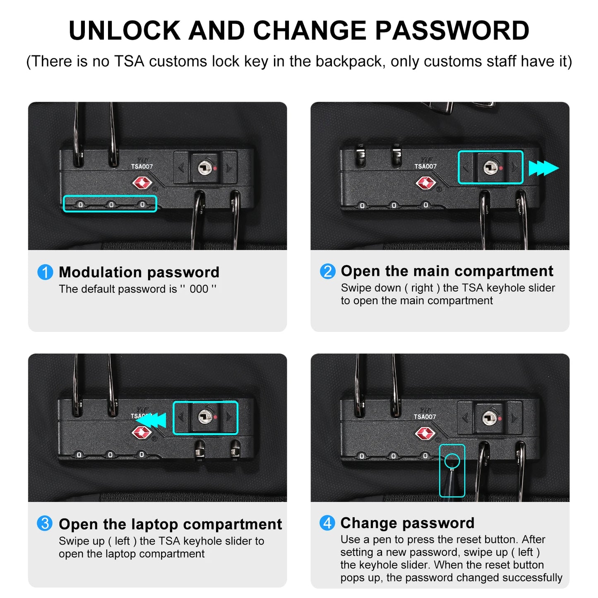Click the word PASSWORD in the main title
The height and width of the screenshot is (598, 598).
(452, 30)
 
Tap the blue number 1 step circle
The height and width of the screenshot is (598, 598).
(45, 272)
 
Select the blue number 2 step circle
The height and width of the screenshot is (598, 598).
(327, 271)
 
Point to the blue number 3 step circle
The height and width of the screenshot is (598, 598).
(45, 523)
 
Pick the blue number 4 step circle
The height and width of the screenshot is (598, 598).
(327, 523)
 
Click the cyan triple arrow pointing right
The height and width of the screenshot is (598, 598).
(543, 168)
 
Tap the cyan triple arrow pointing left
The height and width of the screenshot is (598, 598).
(151, 420)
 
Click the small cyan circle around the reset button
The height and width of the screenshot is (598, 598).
(452, 461)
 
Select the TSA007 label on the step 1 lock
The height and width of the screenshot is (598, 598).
(142, 167)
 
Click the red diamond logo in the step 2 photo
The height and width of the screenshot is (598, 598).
(426, 183)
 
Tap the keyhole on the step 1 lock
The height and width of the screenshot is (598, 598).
(205, 168)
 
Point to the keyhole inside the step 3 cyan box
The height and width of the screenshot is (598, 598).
(205, 417)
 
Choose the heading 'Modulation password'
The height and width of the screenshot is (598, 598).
(139, 272)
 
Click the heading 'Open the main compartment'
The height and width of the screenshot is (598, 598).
(447, 271)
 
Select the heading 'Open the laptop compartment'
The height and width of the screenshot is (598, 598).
(171, 524)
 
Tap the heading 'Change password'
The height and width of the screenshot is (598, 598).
(408, 523)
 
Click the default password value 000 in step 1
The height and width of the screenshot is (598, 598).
(199, 289)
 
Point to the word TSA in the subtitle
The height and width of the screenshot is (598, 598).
(130, 61)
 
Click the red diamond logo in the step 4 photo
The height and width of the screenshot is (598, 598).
(425, 433)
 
